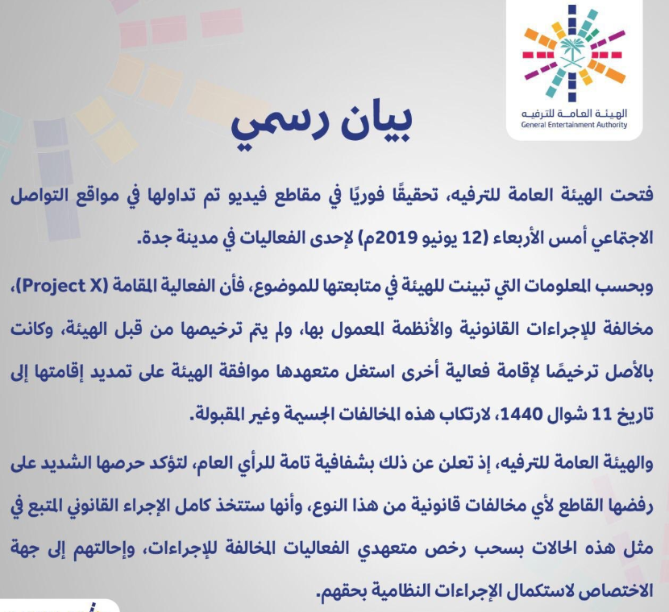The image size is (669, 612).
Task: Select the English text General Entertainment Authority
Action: point(574,125)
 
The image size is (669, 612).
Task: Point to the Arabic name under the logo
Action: point(574,114)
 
